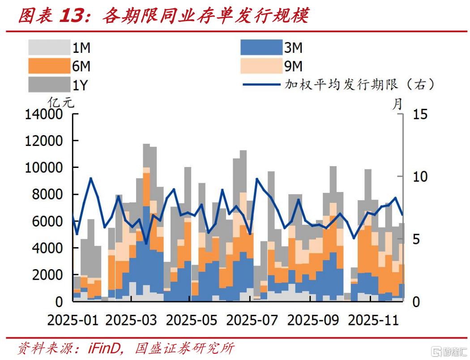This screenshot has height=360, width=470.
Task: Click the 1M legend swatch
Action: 47,47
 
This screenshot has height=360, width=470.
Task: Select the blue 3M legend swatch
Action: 259,47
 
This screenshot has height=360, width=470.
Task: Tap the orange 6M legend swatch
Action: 47,66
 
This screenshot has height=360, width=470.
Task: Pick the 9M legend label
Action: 293,67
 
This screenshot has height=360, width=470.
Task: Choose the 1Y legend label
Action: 80,85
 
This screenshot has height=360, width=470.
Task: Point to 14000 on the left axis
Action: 43,115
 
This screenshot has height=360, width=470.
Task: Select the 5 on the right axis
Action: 416,239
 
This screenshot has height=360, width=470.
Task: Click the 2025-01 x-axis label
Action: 72,320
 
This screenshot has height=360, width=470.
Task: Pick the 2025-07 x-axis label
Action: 252,320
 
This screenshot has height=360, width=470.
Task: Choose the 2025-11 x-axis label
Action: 373,320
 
